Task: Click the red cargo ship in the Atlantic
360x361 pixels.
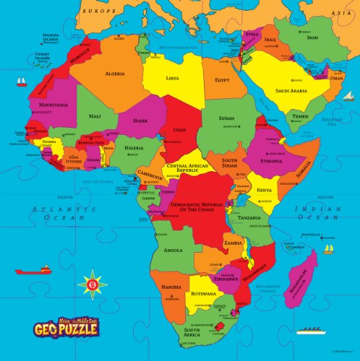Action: (x=35, y=270)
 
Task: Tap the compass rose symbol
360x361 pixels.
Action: (x=92, y=284)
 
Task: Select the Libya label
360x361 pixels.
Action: (x=172, y=77)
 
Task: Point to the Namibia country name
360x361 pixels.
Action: (x=171, y=287)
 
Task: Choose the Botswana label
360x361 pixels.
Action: (x=203, y=294)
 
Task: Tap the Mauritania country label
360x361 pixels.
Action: (x=50, y=105)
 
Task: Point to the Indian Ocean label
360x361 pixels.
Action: (x=319, y=212)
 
